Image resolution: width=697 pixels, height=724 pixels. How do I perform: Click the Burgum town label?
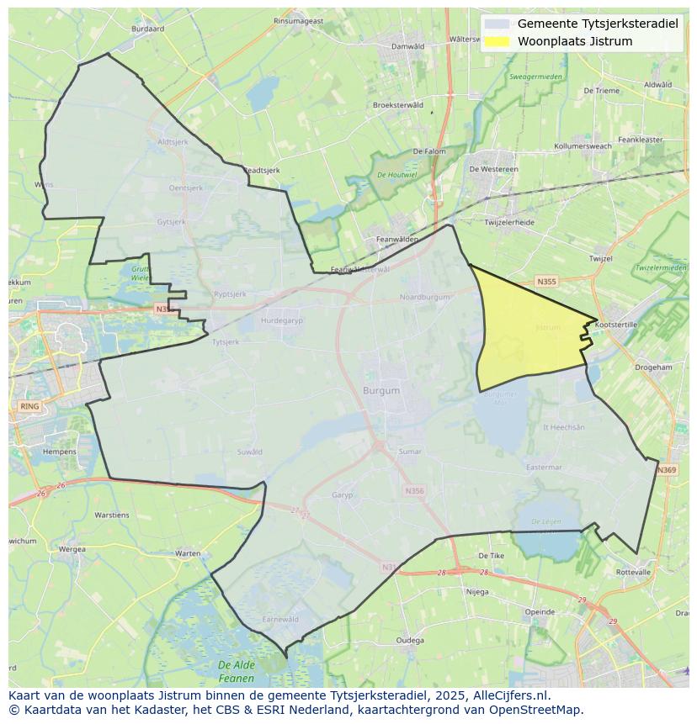tap(381, 391)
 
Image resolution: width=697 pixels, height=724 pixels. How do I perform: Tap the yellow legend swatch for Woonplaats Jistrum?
tap(497, 41)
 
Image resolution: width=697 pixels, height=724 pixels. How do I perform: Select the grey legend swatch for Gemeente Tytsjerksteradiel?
tap(497, 24)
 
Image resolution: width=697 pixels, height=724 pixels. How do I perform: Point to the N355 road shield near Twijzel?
tap(546, 282)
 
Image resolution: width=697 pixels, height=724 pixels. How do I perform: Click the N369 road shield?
tap(666, 470)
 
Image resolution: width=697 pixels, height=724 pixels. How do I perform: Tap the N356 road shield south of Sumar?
tap(414, 491)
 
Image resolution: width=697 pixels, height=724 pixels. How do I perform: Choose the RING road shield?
tap(29, 406)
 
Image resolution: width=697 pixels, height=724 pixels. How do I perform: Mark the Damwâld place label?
tap(408, 46)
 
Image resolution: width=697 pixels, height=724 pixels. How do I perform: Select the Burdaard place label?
tap(148, 28)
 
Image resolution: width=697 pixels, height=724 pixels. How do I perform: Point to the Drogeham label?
tap(653, 367)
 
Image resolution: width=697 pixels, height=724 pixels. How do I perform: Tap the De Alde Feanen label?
tap(236, 671)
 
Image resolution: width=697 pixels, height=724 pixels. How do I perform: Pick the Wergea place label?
tap(72, 549)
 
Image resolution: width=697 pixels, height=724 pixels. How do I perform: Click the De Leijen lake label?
tap(546, 522)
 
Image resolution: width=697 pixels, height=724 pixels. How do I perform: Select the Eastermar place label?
tap(543, 468)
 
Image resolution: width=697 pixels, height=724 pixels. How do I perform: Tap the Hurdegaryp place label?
tap(281, 320)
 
